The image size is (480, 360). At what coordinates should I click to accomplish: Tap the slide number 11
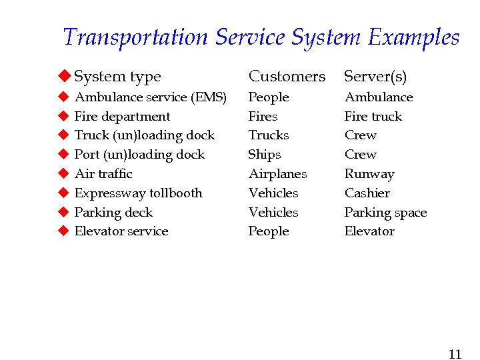(455, 353)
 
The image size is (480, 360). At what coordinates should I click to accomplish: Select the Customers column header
(287, 77)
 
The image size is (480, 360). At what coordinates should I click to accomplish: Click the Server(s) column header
(375, 77)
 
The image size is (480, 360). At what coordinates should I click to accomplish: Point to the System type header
(117, 77)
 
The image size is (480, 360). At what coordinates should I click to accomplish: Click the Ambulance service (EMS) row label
(151, 97)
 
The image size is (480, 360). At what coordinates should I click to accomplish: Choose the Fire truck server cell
(373, 117)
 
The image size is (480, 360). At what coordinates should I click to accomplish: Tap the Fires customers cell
(263, 117)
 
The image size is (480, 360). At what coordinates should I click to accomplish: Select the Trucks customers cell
(269, 135)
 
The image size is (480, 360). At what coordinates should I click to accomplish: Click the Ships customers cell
(265, 155)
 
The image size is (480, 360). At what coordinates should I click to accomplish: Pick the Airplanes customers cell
(277, 174)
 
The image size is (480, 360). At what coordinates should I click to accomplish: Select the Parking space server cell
(385, 213)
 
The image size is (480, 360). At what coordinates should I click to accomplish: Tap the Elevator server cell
(369, 231)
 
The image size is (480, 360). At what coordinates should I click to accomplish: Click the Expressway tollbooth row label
(138, 193)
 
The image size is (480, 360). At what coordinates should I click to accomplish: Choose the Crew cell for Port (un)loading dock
(361, 155)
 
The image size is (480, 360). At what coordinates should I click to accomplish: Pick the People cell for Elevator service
(269, 231)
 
